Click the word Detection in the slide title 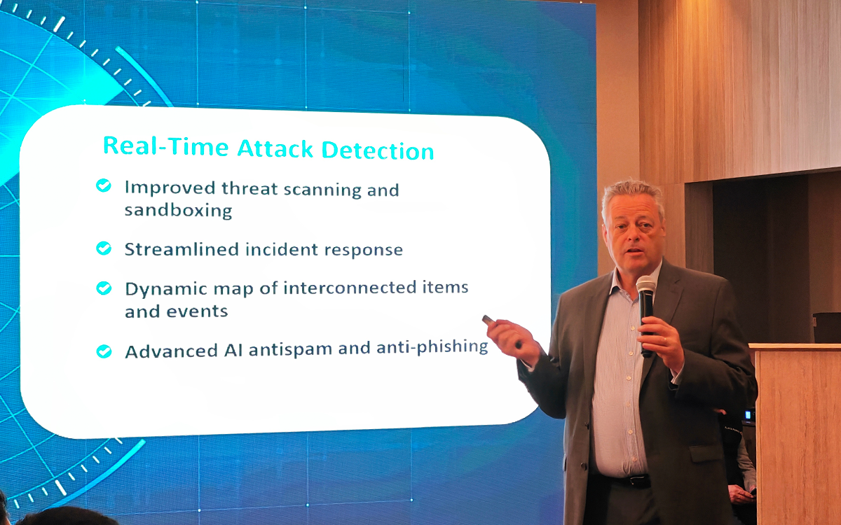pyautogui.click(x=378, y=150)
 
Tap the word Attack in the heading pyautogui.click(x=275, y=148)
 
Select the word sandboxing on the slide pyautogui.click(x=178, y=211)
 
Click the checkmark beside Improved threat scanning pyautogui.click(x=104, y=185)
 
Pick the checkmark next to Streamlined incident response pyautogui.click(x=104, y=248)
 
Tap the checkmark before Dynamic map pyautogui.click(x=104, y=288)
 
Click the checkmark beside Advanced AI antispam pyautogui.click(x=104, y=351)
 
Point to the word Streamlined pyautogui.click(x=182, y=249)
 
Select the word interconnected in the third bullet pyautogui.click(x=350, y=288)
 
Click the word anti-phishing pyautogui.click(x=432, y=347)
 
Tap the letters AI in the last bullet pyautogui.click(x=233, y=351)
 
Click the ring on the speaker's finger pyautogui.click(x=665, y=340)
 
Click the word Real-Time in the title pyautogui.click(x=165, y=146)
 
